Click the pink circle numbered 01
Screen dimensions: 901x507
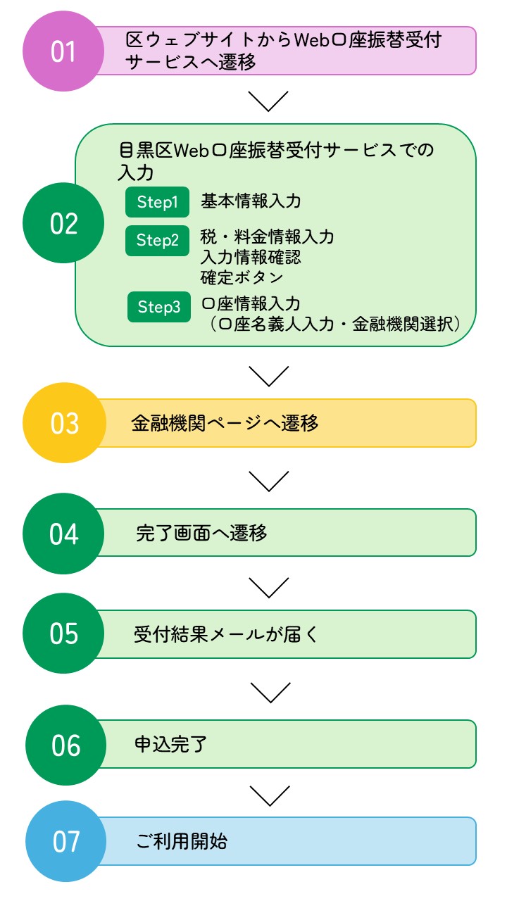(x=63, y=51)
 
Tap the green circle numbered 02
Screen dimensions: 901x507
(x=63, y=223)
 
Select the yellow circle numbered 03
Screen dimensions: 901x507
(x=63, y=423)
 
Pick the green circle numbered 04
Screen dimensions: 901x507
(x=63, y=534)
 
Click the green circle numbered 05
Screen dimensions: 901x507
(x=63, y=634)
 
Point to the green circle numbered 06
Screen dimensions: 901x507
(x=65, y=745)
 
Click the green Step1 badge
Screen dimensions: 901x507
(x=157, y=203)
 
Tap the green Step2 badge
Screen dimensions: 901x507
(x=157, y=241)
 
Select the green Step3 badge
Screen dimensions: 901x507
(x=158, y=308)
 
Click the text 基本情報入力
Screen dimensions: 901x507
(x=251, y=201)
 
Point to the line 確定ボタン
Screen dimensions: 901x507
(x=242, y=277)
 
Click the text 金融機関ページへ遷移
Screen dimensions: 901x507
(x=225, y=422)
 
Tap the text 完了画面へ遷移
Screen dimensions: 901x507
(x=201, y=533)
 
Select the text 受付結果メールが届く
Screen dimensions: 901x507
(x=225, y=634)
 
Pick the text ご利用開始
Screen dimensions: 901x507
(x=181, y=841)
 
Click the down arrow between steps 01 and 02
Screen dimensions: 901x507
(x=269, y=101)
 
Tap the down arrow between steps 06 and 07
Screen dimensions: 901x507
(x=269, y=795)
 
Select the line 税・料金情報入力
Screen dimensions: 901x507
(x=267, y=237)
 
